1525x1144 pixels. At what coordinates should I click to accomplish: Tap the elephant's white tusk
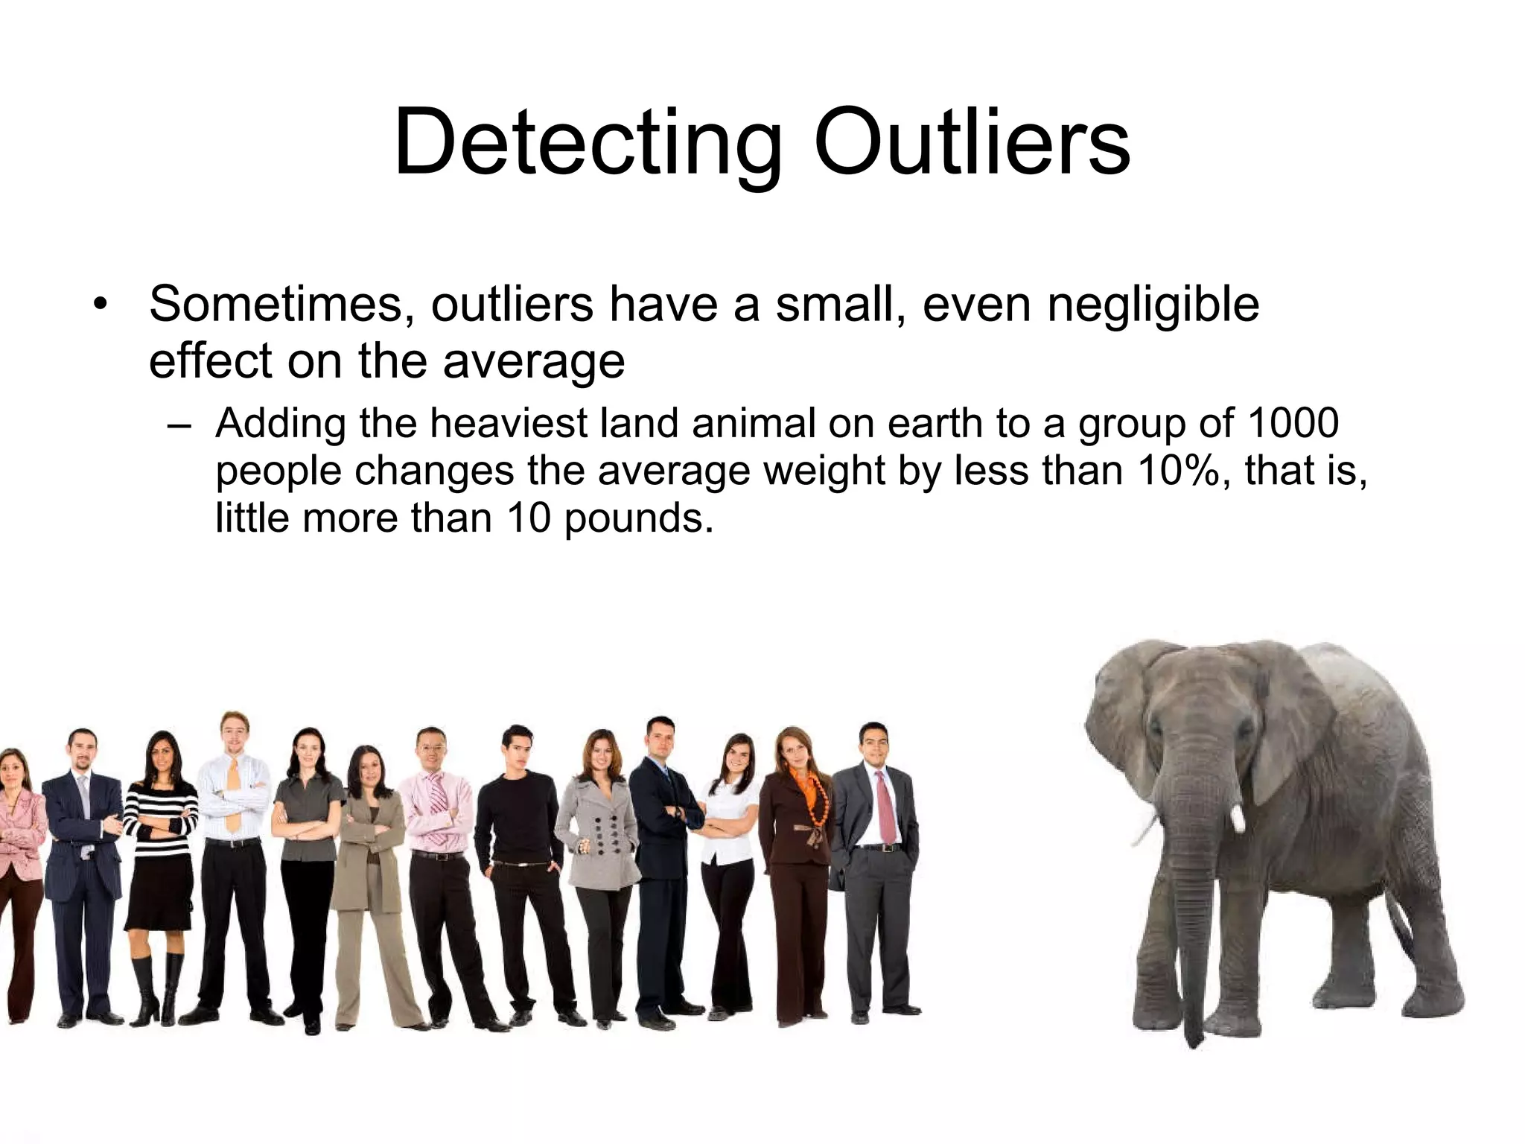coord(1238,818)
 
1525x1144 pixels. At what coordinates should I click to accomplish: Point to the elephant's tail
coord(1400,931)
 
